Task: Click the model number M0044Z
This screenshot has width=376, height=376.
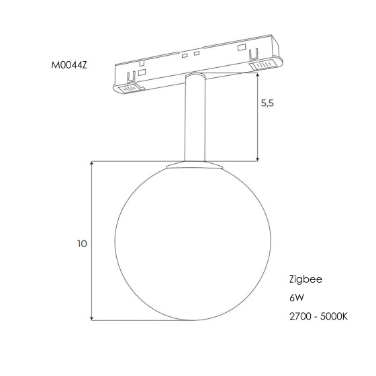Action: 69,65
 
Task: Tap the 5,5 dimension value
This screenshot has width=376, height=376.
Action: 267,103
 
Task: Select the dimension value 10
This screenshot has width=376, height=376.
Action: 82,244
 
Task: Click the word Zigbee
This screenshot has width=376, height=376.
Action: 305,279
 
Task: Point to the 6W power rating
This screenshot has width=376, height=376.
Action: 297,298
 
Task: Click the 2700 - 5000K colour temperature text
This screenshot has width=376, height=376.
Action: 318,316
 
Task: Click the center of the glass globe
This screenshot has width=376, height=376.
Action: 193,243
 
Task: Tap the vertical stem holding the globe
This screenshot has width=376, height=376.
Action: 195,117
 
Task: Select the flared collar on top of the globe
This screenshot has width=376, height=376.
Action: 195,164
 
